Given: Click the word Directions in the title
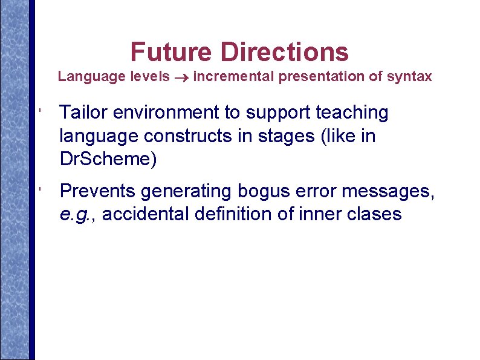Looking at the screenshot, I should [284, 52].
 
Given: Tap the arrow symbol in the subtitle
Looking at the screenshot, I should [181, 77].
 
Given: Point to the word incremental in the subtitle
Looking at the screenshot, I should [233, 76].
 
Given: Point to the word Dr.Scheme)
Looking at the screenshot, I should [108, 160].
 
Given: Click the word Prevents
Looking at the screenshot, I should [98, 191].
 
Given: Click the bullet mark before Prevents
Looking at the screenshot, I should [38, 191].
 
